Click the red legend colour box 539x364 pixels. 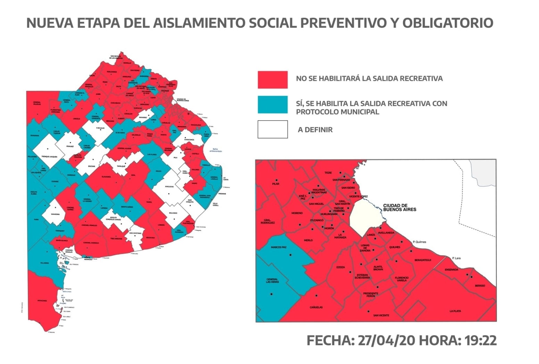tap(273, 80)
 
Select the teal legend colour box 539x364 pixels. tap(273, 105)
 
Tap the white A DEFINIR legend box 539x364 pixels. tap(273, 129)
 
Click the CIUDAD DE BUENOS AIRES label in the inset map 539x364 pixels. tap(399, 208)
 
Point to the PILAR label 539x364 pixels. tap(276, 184)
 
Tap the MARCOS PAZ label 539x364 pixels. tap(279, 247)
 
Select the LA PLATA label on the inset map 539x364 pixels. tap(455, 311)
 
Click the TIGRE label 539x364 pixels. tap(328, 173)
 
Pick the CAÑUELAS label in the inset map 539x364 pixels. tap(316, 307)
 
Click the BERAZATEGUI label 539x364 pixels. tap(423, 260)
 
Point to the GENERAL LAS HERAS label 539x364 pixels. tap(272, 281)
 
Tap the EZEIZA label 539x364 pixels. tap(341, 267)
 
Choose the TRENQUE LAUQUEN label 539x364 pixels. tap(49, 157)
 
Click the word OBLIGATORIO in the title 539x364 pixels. tap(448, 23)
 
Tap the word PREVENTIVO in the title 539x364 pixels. tap(342, 23)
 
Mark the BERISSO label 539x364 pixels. tap(480, 286)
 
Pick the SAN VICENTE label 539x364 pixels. tap(381, 315)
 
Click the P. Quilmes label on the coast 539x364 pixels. tap(420, 242)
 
